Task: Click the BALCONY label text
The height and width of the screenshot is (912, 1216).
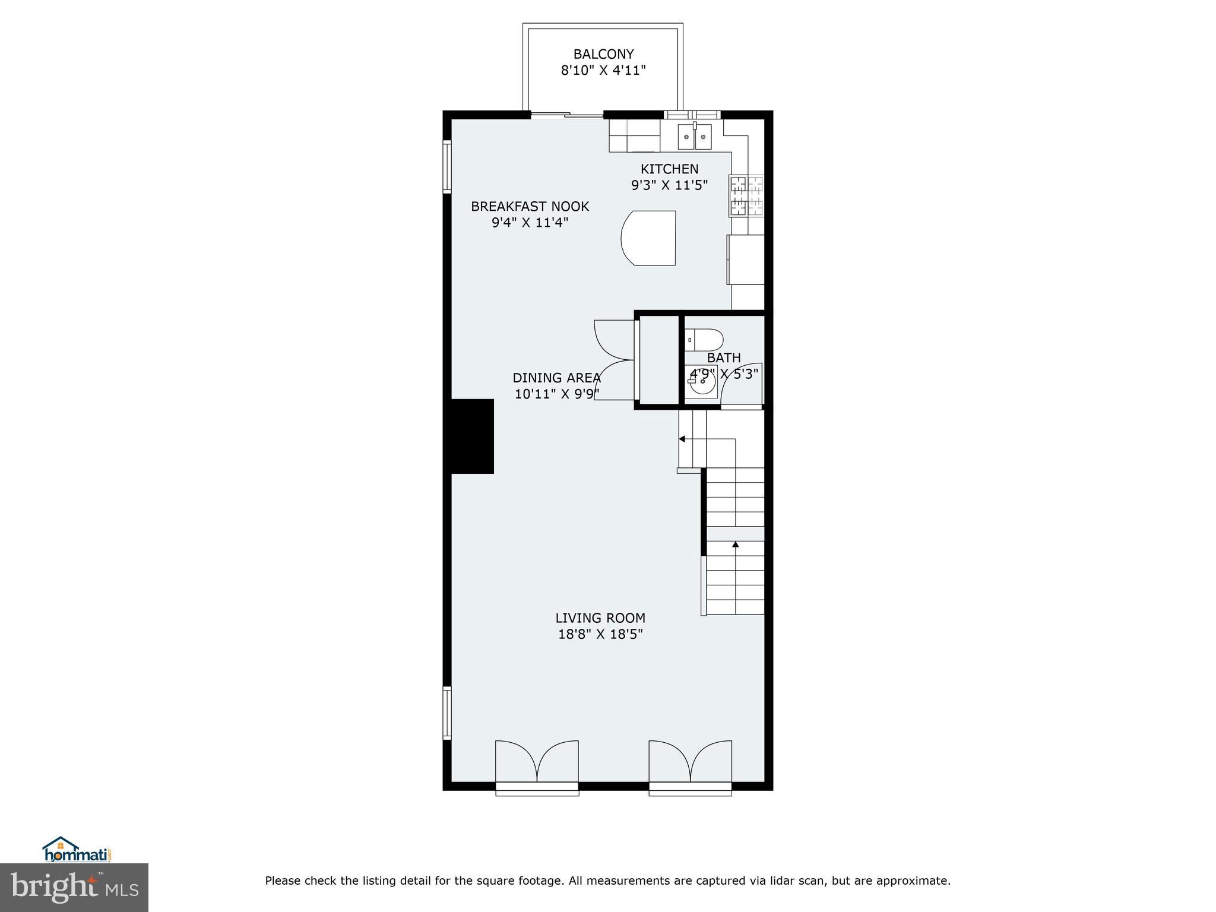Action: click(x=603, y=54)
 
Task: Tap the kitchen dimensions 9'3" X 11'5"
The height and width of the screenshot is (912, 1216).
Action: click(x=669, y=185)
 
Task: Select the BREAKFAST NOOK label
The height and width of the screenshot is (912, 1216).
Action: click(x=530, y=207)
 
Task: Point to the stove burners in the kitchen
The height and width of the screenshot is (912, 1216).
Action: click(x=747, y=196)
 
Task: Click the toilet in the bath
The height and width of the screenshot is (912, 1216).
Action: click(x=705, y=340)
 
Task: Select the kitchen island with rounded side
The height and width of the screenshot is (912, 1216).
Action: click(x=649, y=237)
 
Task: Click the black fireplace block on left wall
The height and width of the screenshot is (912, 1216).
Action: click(x=473, y=436)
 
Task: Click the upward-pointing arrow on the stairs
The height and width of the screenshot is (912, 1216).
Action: click(x=736, y=544)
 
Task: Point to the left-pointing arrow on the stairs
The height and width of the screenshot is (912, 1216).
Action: click(x=682, y=439)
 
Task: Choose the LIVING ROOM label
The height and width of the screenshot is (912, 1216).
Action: click(x=600, y=618)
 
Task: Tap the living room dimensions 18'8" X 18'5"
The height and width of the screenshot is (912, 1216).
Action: click(x=600, y=634)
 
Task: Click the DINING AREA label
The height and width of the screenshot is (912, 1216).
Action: click(x=556, y=378)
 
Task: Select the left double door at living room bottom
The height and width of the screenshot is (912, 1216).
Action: click(x=537, y=762)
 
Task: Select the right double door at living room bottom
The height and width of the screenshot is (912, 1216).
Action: click(x=690, y=762)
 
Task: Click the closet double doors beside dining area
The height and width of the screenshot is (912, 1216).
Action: click(x=615, y=360)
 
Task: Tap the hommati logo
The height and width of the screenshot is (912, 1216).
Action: click(x=77, y=850)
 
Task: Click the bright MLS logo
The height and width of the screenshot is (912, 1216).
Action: click(x=74, y=887)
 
